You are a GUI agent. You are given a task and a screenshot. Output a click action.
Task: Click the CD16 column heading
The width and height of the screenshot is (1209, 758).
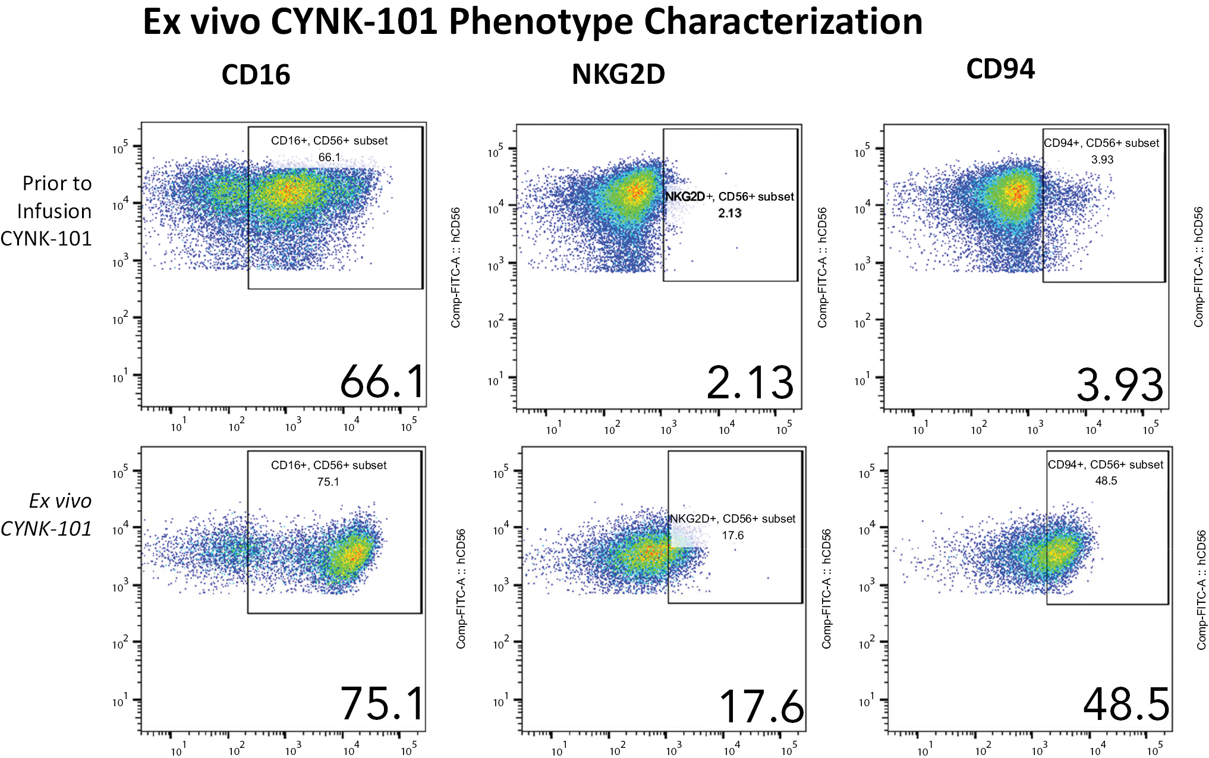pos(256,75)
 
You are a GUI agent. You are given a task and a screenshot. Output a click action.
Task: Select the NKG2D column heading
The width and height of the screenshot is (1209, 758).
pos(618,74)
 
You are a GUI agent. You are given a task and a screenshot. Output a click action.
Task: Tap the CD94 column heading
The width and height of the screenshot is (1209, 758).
pos(1000,69)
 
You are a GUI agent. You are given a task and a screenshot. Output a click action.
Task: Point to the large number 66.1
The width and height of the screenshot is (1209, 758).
pos(382,382)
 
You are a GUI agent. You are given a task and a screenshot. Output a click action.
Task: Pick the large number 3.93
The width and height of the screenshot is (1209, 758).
pos(1119,385)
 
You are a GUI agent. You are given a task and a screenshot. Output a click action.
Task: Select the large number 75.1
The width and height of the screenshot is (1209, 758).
pos(382,704)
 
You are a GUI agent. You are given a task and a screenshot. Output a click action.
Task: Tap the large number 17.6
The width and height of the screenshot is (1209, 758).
pos(761,707)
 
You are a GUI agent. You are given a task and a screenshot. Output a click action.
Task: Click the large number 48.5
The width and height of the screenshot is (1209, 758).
pos(1126,705)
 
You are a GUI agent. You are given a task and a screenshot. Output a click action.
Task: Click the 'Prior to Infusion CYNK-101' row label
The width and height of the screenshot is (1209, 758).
pos(46,211)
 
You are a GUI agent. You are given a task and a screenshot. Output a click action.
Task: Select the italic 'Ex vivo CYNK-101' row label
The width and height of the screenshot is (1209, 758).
pos(46,515)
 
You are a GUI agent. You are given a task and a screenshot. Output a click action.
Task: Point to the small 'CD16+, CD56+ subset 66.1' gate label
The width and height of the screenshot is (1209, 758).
pos(329,149)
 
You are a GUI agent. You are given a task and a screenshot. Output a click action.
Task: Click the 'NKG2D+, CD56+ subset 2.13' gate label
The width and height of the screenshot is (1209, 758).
pos(729,205)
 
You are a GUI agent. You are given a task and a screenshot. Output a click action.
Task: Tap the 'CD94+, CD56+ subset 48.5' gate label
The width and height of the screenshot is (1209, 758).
pos(1106,473)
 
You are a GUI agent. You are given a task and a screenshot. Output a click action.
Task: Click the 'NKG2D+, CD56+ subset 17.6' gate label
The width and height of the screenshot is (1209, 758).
pos(732,527)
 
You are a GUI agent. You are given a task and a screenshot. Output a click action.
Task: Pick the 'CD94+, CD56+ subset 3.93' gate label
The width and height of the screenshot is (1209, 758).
pos(1101,151)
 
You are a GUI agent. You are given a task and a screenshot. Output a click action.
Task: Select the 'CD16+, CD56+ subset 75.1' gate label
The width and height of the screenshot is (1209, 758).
pos(329,473)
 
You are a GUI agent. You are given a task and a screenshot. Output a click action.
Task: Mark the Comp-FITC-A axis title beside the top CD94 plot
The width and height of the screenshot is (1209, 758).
pos(1198,267)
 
